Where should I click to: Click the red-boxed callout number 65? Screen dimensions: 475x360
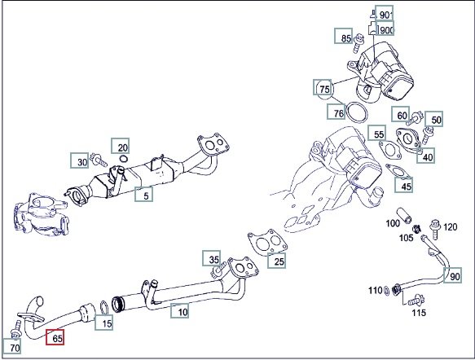tap(55, 337)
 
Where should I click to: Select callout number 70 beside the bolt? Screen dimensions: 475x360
tap(12, 346)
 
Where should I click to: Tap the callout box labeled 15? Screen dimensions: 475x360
tap(104, 323)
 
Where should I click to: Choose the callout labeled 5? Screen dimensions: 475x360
tap(143, 195)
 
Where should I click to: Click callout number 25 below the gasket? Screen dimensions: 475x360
tap(276, 261)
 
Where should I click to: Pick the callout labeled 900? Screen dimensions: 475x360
tap(385, 29)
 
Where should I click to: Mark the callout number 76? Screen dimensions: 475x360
tap(336, 112)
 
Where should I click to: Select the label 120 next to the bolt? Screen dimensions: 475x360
tap(451, 227)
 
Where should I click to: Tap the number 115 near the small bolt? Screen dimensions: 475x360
tap(419, 312)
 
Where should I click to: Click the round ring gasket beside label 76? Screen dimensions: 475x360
tap(358, 112)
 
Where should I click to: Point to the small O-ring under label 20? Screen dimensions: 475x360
tap(123, 158)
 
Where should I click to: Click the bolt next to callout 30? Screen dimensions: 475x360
tap(99, 160)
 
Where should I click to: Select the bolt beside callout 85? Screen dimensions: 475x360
tap(358, 43)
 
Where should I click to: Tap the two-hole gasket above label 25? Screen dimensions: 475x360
tap(268, 241)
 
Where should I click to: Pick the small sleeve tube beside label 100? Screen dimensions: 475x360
tap(404, 215)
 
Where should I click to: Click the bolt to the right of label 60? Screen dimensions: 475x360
tap(414, 119)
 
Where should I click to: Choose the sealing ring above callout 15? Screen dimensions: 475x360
tap(104, 307)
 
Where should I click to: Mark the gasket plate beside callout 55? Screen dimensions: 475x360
tap(390, 150)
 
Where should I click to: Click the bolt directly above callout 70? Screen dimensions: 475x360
tap(15, 329)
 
